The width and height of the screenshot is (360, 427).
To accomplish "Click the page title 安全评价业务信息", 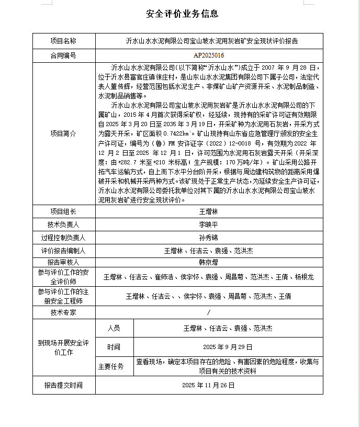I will click(183, 14).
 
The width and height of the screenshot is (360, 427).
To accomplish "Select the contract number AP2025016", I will click(209, 55).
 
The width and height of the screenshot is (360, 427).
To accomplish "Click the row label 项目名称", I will click(63, 41).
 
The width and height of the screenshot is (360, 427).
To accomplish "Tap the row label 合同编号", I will click(63, 55).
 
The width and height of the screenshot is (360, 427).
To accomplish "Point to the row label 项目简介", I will click(63, 134).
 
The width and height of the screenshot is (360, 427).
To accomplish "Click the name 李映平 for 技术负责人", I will click(209, 224).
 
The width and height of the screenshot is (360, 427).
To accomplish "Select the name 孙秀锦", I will click(209, 238).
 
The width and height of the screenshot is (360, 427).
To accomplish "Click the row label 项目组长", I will click(63, 212).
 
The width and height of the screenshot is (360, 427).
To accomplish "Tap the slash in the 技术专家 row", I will click(209, 312).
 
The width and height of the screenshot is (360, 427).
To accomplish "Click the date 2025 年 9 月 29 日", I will click(228, 347).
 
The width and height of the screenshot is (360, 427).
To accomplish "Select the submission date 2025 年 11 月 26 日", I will click(209, 385).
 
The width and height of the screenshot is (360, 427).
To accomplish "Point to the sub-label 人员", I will click(114, 328).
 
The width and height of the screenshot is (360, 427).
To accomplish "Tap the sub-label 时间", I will click(114, 347).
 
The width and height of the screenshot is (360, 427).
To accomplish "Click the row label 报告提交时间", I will click(63, 385).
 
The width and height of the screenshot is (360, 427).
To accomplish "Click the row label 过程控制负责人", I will click(63, 238).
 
